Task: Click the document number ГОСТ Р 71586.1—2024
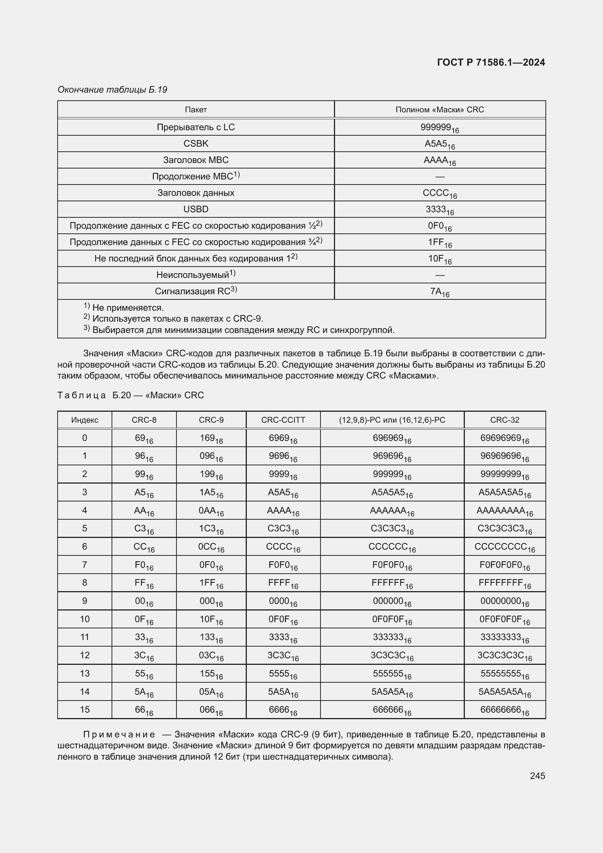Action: [x=491, y=62]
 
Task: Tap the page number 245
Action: [x=537, y=775]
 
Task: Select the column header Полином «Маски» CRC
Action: [x=440, y=110]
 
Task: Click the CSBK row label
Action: [x=196, y=143]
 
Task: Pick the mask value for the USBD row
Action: [x=440, y=210]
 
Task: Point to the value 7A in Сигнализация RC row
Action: [x=440, y=292]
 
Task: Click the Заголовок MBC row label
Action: [x=196, y=160]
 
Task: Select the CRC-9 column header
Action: [x=211, y=420]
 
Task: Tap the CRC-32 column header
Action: [x=504, y=420]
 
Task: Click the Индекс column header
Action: [x=85, y=420]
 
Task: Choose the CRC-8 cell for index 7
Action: [x=144, y=565]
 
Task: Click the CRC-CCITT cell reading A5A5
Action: [x=283, y=493]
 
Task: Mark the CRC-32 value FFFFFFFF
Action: [x=504, y=583]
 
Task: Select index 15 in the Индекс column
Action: [x=85, y=710]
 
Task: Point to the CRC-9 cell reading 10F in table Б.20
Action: [x=211, y=620]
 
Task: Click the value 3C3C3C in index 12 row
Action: [x=392, y=656]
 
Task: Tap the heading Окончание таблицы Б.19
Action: [x=112, y=90]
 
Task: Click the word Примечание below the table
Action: [x=119, y=734]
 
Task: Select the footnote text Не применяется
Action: [x=128, y=308]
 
